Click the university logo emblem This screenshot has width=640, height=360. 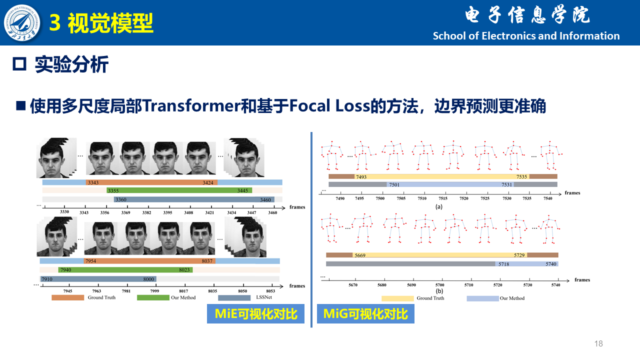[22, 22]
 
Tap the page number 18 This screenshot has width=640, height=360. [598, 343]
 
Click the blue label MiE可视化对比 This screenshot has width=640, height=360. [255, 313]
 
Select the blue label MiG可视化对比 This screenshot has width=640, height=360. [365, 313]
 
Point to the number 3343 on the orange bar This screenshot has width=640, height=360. [93, 182]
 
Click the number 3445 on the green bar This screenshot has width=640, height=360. [242, 190]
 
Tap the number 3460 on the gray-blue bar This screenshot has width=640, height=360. [265, 199]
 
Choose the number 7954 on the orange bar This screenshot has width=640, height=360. [90, 261]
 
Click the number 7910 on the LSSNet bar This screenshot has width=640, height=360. [47, 279]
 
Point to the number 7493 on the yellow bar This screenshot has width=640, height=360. [361, 177]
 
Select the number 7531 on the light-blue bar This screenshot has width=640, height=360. [507, 184]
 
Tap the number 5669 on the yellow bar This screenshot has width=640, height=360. [360, 255]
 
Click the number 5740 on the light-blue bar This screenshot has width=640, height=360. [551, 264]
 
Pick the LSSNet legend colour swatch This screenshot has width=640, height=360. [234, 297]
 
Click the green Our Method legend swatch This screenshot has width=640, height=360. [153, 297]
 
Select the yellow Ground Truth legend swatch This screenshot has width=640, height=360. [397, 298]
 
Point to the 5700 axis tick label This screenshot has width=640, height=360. [440, 285]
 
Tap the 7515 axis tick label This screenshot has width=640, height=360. [443, 198]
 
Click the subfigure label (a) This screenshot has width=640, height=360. [439, 206]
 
